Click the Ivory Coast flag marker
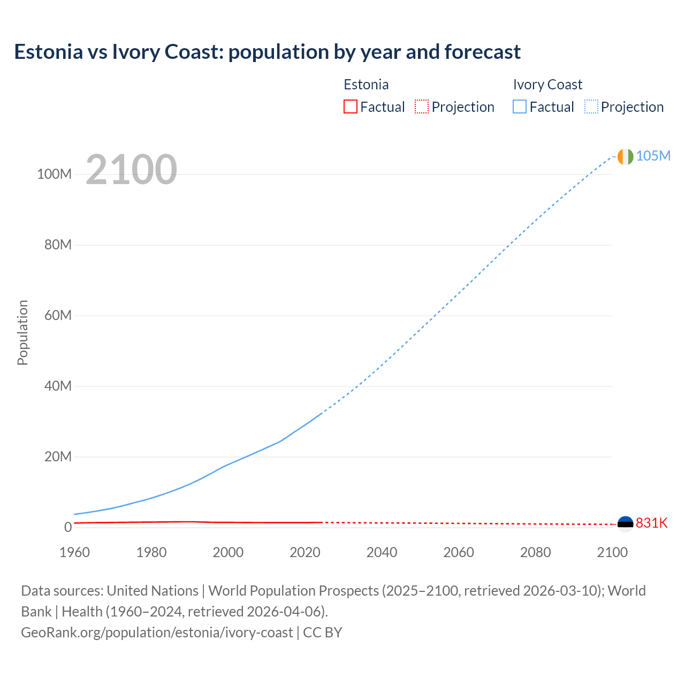coord(625,156)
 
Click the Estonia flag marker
coord(625,523)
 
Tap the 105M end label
coord(653,156)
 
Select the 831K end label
coord(651,523)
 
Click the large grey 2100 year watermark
coord(131,170)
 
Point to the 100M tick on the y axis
coord(54,174)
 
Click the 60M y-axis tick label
coord(58,315)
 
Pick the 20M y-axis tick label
coord(58,456)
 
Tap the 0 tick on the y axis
coord(67,527)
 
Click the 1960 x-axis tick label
coord(74,552)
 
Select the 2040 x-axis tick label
coord(382,552)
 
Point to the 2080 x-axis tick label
coord(535,552)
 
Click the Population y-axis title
coord(22,332)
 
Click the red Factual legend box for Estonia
coord(350,107)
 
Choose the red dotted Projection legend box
coord(422,107)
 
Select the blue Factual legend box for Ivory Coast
coord(519,107)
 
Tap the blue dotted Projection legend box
coord(591,107)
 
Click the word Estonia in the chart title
coord(48,52)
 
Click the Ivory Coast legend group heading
coord(547,85)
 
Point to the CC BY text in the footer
coord(322,633)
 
